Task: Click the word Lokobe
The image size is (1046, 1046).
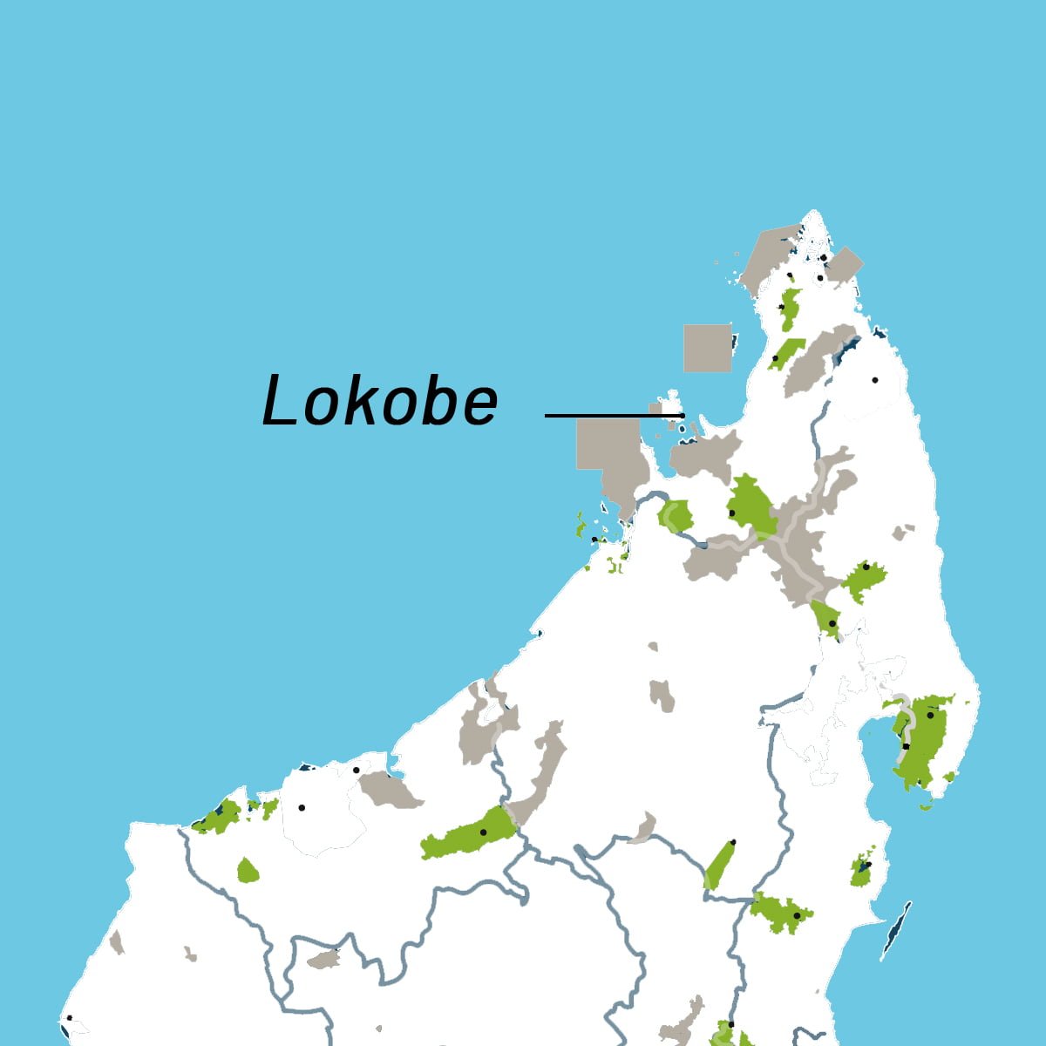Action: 380,402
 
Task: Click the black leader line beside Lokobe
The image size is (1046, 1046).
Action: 610,416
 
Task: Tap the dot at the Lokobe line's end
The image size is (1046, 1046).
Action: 683,416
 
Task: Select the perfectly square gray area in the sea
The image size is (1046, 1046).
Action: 707,349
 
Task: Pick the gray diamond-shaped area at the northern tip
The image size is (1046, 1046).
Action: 844,264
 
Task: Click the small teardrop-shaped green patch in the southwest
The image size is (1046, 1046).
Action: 248,871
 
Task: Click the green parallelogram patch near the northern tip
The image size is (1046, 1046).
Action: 785,354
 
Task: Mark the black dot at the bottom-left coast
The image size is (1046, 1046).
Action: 69,1017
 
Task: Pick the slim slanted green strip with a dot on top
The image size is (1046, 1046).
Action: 719,865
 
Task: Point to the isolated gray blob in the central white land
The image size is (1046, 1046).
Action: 662,696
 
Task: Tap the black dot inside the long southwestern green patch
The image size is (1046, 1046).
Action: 483,832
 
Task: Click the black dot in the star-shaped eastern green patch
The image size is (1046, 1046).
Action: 866,567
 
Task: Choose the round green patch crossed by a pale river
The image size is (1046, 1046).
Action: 675,516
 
